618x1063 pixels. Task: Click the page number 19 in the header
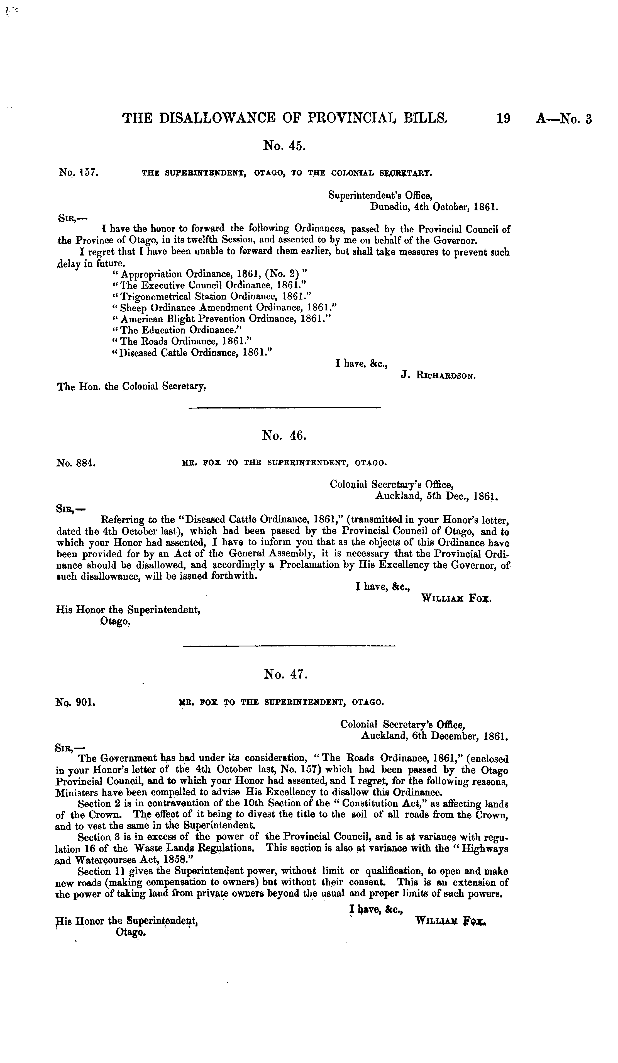[x=503, y=118]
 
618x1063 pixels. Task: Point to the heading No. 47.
[x=285, y=675]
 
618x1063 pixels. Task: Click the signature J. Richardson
[x=438, y=375]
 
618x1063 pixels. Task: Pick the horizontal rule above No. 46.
[x=285, y=407]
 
